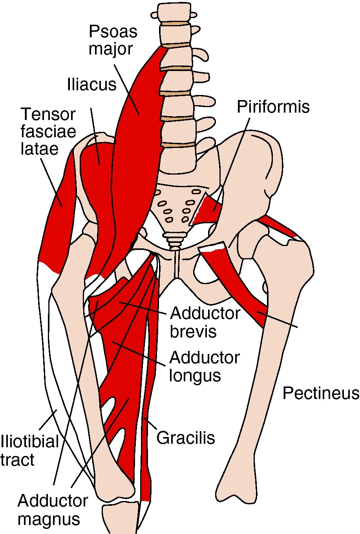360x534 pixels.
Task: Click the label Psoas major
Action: pyautogui.click(x=113, y=40)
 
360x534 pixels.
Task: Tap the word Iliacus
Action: pyautogui.click(x=92, y=85)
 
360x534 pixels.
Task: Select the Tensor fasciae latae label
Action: pyautogui.click(x=48, y=132)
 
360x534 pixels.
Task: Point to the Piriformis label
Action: pyautogui.click(x=273, y=107)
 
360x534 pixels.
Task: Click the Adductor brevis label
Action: pyautogui.click(x=205, y=322)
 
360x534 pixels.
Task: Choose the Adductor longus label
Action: pyautogui.click(x=204, y=366)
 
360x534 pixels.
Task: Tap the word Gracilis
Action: pyautogui.click(x=186, y=437)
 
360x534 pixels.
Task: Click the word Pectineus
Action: pyautogui.click(x=321, y=393)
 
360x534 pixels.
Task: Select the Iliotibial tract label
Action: pyautogui.click(x=29, y=450)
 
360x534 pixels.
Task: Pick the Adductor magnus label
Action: pyautogui.click(x=53, y=510)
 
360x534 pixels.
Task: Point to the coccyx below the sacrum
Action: pyautogui.click(x=174, y=239)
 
